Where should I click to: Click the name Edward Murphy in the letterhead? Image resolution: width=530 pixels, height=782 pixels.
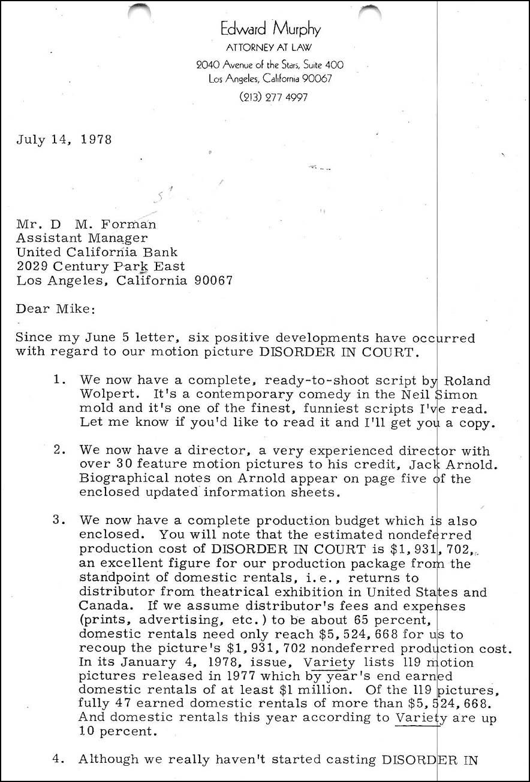coord(270,29)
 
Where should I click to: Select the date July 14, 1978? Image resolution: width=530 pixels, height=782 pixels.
coord(64,140)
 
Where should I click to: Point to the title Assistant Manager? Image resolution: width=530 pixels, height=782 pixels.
coord(82,239)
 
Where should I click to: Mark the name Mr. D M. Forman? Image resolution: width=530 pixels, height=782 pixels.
coord(86,225)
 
